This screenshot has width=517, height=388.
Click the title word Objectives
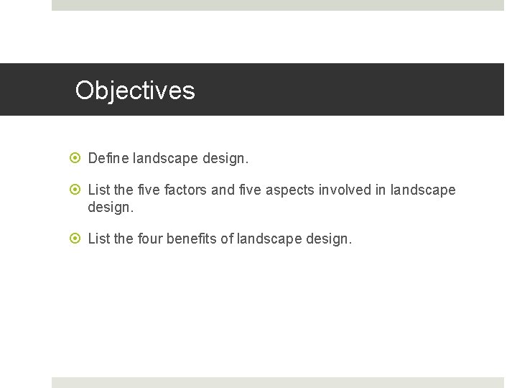click(x=135, y=91)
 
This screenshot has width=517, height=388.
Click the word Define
click(x=108, y=158)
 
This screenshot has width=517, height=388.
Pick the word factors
click(x=186, y=190)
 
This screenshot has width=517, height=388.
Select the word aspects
click(x=292, y=190)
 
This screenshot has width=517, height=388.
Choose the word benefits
click(x=192, y=239)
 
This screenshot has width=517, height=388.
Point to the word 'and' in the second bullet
click(x=223, y=190)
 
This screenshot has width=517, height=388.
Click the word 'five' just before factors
click(x=149, y=190)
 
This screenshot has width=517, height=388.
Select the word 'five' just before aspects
click(x=251, y=190)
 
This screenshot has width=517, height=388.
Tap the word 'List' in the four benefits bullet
click(x=98, y=239)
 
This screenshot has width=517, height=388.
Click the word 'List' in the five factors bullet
click(x=98, y=190)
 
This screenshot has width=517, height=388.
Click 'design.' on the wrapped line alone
click(x=111, y=208)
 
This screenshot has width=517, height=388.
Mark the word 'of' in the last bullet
click(x=226, y=239)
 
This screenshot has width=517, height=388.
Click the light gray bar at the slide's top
click(x=278, y=5)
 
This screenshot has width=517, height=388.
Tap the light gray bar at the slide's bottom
click(x=278, y=382)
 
